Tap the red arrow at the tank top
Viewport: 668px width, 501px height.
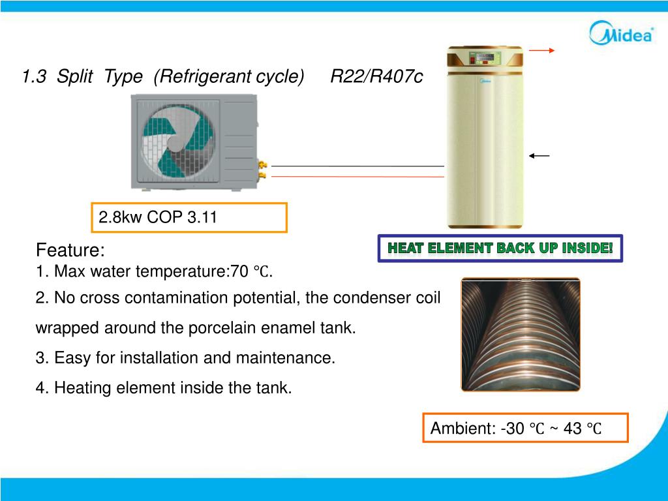click(541, 50)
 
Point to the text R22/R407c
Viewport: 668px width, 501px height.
click(376, 77)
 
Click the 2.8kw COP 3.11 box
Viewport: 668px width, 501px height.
click(189, 218)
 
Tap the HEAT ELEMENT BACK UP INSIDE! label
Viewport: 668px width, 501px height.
click(500, 248)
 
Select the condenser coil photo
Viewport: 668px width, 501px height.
click(520, 334)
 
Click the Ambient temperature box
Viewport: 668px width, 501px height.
click(525, 428)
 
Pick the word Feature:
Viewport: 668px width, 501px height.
click(70, 250)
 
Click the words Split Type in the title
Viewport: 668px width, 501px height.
click(99, 77)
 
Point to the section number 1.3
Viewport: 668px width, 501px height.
click(33, 77)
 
